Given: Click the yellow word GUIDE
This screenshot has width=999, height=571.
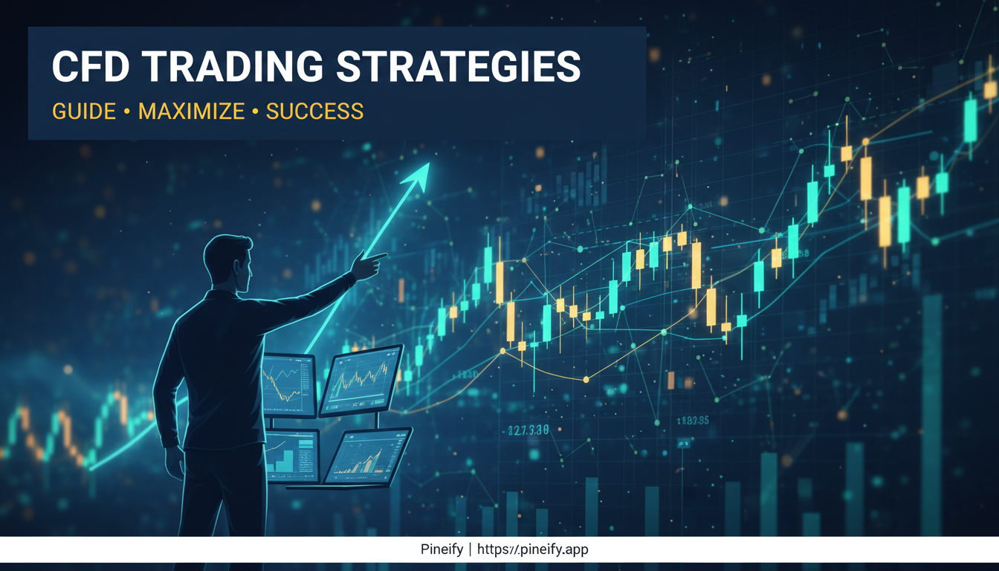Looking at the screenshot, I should click(84, 112).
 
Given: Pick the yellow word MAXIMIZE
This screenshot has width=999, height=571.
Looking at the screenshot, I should click(191, 112).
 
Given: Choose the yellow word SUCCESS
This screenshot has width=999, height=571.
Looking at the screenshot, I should click(314, 112).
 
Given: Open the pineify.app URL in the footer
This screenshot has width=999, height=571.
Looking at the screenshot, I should click(533, 550).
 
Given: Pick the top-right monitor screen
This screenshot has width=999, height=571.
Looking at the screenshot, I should click(361, 380).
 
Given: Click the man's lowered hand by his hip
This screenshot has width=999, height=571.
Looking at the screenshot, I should click(175, 461).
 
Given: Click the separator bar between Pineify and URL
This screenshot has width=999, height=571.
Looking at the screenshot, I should click(470, 550).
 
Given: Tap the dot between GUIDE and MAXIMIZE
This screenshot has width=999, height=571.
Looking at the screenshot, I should click(127, 112).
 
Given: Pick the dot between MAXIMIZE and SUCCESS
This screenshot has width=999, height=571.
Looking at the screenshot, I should click(255, 112).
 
